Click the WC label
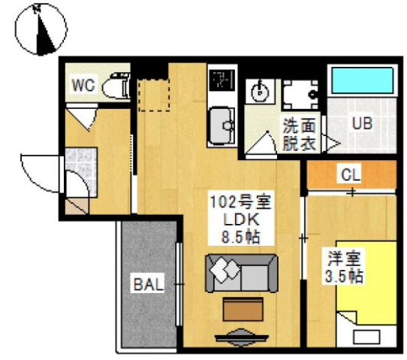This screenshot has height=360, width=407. pos(83,85)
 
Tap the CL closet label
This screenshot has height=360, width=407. pos(351,175)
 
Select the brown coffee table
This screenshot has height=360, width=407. pos(242,309)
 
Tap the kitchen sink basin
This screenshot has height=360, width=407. pos(222,125)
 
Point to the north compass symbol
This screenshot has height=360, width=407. pos(41,29)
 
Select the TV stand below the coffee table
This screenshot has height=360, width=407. pos(242,336)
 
